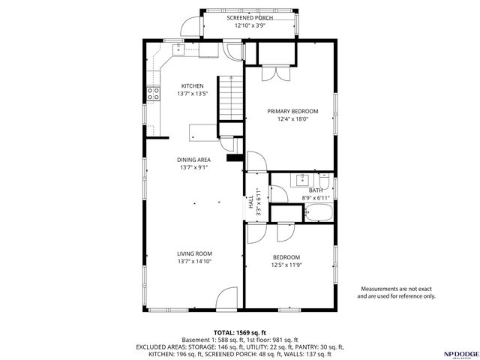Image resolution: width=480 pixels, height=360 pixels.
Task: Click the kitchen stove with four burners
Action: point(153,94)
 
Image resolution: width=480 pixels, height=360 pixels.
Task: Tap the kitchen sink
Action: point(180,49)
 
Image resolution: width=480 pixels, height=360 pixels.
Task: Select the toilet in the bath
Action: point(324,182)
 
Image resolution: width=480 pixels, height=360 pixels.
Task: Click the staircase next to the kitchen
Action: point(230,97)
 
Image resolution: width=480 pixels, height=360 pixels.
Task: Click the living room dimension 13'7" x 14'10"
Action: point(194,262)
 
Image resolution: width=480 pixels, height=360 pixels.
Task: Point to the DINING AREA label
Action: point(193,160)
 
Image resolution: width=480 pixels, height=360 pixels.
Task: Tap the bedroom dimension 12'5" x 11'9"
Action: point(286,264)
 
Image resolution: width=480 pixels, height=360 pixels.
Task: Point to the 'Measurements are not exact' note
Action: point(397,289)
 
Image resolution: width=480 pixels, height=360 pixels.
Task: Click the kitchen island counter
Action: point(205,133)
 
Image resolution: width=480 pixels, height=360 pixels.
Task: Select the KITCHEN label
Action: point(192,86)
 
